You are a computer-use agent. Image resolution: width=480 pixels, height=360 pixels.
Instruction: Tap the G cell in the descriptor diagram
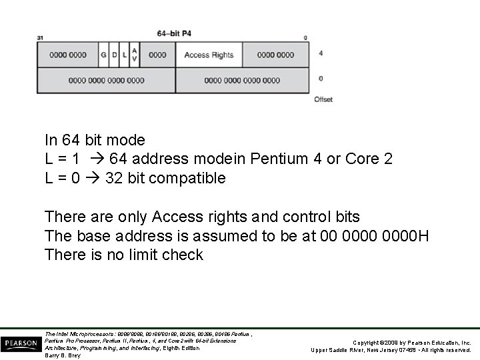coord(103,55)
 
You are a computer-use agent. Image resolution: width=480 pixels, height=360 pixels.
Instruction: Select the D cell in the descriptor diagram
coord(114,55)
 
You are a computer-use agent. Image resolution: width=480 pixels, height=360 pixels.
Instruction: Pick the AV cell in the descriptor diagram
coord(134,55)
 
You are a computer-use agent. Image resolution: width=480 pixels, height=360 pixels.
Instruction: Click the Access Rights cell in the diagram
coord(209,55)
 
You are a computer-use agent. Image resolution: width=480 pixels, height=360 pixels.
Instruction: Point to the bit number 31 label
coord(40,38)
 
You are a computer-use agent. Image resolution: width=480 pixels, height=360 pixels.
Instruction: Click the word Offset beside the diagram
coord(323,99)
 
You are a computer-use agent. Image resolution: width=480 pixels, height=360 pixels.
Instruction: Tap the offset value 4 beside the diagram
coord(321,53)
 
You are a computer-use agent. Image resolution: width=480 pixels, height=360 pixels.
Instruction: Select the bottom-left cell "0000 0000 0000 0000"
coord(106,81)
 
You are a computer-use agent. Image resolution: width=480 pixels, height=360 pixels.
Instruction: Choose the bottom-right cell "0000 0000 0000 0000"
coord(242,81)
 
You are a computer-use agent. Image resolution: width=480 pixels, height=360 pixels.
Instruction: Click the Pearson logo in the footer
coord(21,344)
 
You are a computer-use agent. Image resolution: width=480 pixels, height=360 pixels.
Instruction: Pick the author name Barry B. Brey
coord(63,355)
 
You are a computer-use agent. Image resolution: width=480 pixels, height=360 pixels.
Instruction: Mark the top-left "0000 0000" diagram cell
coord(67,55)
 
